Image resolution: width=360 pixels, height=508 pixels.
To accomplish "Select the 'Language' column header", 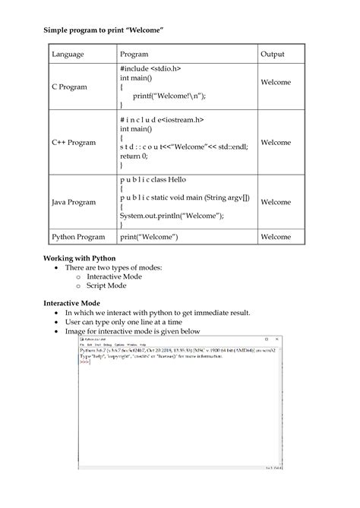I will pyautogui.click(x=68, y=55).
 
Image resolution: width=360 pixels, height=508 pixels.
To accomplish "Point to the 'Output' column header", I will pyautogui.click(x=273, y=55).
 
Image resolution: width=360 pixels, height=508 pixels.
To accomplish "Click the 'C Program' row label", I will pyautogui.click(x=69, y=87).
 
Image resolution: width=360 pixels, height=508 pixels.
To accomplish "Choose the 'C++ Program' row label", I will pyautogui.click(x=74, y=142).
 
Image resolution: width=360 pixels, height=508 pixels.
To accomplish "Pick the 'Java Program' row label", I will pyautogui.click(x=74, y=202).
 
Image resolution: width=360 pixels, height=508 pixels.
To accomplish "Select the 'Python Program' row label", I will pyautogui.click(x=78, y=237).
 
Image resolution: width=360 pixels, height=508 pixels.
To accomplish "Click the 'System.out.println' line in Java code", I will pyautogui.click(x=172, y=215).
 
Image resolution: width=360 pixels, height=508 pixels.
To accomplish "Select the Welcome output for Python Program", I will pyautogui.click(x=276, y=237).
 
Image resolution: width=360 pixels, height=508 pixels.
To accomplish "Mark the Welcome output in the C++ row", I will pyautogui.click(x=276, y=142).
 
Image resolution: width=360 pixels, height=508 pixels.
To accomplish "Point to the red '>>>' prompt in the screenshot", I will pyautogui.click(x=85, y=361).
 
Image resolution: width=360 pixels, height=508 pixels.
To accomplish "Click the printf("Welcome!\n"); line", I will pyautogui.click(x=169, y=96).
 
